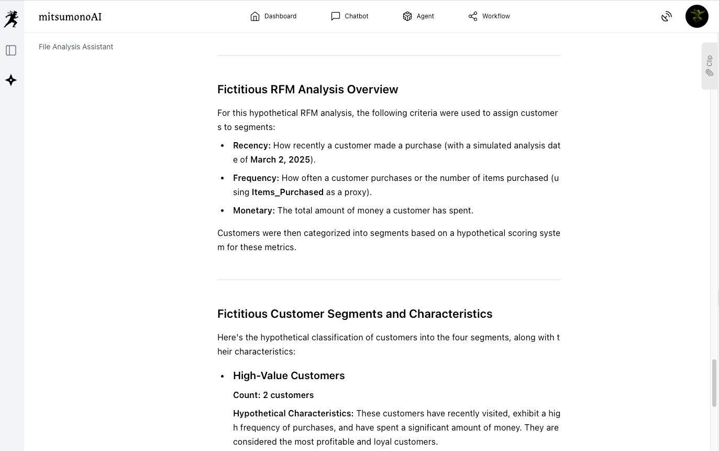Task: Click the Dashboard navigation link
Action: (273, 16)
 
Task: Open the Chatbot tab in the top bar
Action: (350, 16)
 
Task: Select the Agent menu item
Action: (418, 16)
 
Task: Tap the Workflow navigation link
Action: (489, 16)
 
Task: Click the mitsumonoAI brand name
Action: (70, 17)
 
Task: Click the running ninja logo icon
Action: (11, 19)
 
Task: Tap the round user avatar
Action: (696, 16)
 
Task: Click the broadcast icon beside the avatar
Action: (666, 17)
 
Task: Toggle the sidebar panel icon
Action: (11, 50)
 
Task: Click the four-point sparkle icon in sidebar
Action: (11, 80)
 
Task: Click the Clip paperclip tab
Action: (710, 66)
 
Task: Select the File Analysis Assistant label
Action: (76, 47)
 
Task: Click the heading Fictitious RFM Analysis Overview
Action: (307, 90)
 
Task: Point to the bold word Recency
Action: (251, 146)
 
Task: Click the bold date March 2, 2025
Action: (280, 160)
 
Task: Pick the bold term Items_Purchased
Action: (287, 192)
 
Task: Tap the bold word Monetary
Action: (253, 211)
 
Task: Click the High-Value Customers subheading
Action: (289, 376)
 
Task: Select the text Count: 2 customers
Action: (273, 395)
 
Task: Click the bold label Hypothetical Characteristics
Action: (293, 414)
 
